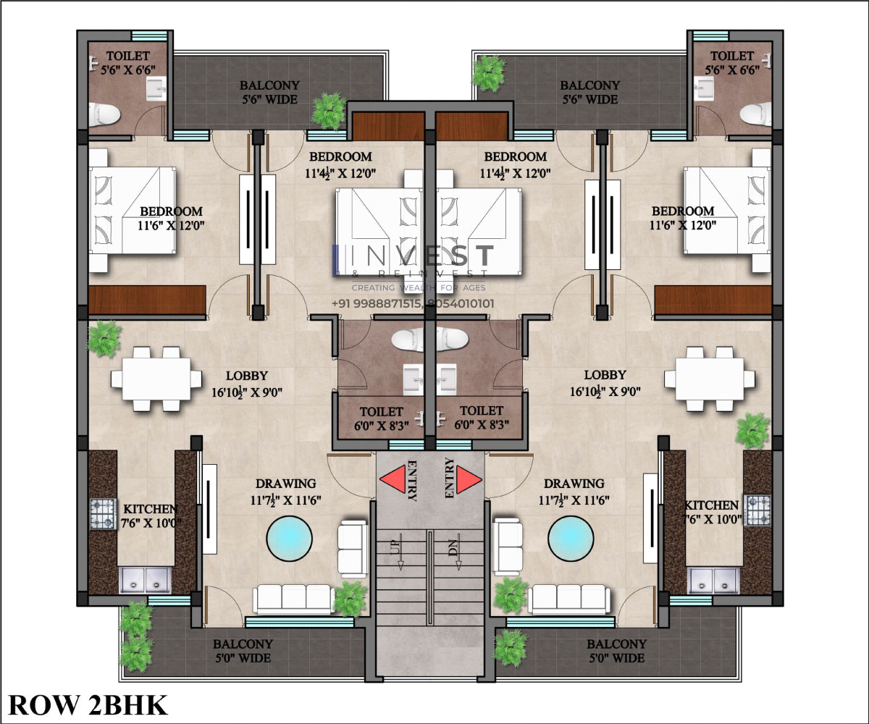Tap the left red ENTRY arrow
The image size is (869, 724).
click(x=393, y=479)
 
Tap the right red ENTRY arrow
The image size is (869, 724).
click(x=469, y=479)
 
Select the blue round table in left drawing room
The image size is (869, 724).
click(x=289, y=539)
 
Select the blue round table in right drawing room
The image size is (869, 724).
click(x=571, y=539)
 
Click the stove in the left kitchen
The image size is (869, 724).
click(x=104, y=514)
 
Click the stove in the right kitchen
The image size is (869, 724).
click(x=758, y=510)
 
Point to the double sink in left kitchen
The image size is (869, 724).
click(x=146, y=580)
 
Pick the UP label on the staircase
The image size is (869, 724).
click(x=395, y=544)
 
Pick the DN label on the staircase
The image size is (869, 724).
click(x=453, y=544)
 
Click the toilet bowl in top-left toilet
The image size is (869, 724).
click(x=104, y=114)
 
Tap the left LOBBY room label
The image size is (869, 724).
click(x=247, y=376)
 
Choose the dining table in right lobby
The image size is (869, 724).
click(x=710, y=379)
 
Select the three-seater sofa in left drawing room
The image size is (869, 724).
click(x=294, y=599)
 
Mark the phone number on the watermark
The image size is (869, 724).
click(x=413, y=304)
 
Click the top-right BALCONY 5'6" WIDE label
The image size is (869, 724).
click(x=589, y=93)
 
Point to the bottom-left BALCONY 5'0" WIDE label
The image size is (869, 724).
click(x=243, y=651)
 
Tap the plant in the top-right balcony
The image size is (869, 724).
click(x=488, y=73)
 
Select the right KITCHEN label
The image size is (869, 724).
click(x=711, y=505)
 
